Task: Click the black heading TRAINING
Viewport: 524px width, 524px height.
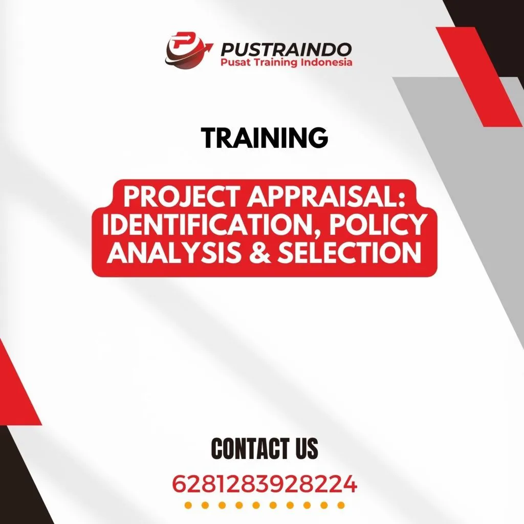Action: coord(265,138)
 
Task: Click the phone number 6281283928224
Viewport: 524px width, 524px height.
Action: coord(264,484)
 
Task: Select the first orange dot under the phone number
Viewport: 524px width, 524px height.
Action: coord(188,506)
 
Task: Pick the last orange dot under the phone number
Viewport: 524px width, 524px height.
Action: coord(340,506)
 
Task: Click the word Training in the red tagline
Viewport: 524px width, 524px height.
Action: coord(279,63)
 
